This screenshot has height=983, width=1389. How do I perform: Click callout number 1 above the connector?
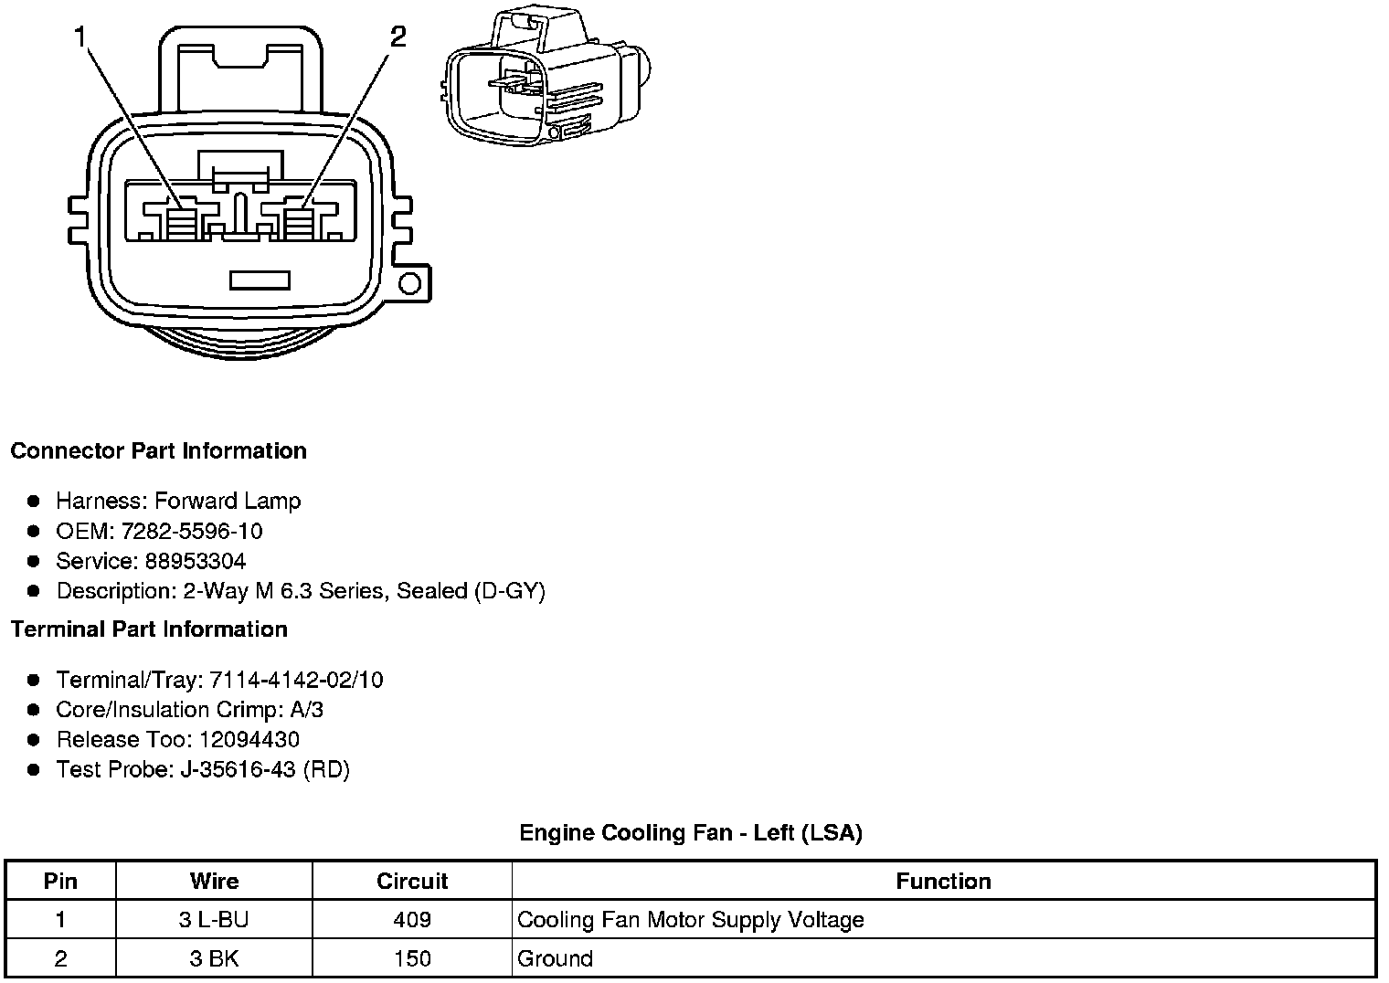[x=80, y=37]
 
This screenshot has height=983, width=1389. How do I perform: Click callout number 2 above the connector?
[x=398, y=37]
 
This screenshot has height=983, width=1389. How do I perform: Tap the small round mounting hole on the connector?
[x=409, y=283]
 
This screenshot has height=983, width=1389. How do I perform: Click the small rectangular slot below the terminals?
[x=260, y=280]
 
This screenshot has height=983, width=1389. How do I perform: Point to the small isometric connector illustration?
[x=546, y=79]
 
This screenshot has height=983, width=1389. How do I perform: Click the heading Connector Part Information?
[x=158, y=451]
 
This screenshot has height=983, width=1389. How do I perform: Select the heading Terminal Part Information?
[x=149, y=629]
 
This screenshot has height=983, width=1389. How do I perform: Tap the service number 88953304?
[x=196, y=561]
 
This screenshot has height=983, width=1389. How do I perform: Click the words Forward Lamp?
[x=228, y=501]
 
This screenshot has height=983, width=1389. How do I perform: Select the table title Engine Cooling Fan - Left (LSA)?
[x=691, y=832]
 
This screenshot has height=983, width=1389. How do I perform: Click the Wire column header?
[x=214, y=882]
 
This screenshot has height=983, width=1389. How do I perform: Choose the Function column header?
[x=943, y=882]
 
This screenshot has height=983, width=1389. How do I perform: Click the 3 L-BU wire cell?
[x=214, y=920]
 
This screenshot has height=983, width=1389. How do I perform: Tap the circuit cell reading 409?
[x=412, y=920]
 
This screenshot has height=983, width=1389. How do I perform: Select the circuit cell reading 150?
[x=412, y=958]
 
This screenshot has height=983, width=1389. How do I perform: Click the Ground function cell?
[x=555, y=958]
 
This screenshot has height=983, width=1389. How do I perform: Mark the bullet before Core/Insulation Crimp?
[x=34, y=710]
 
